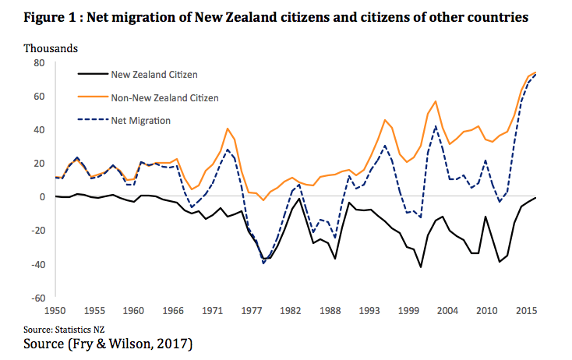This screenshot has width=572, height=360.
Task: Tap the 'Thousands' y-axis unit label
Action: point(51,48)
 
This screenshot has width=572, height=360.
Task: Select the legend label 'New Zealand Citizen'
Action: point(154,75)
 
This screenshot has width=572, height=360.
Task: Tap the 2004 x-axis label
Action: point(446,310)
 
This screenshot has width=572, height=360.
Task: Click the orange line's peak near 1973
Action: point(227,129)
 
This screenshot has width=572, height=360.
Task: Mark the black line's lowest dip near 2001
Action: point(422,267)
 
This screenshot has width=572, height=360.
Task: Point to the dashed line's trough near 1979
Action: point(263,263)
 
